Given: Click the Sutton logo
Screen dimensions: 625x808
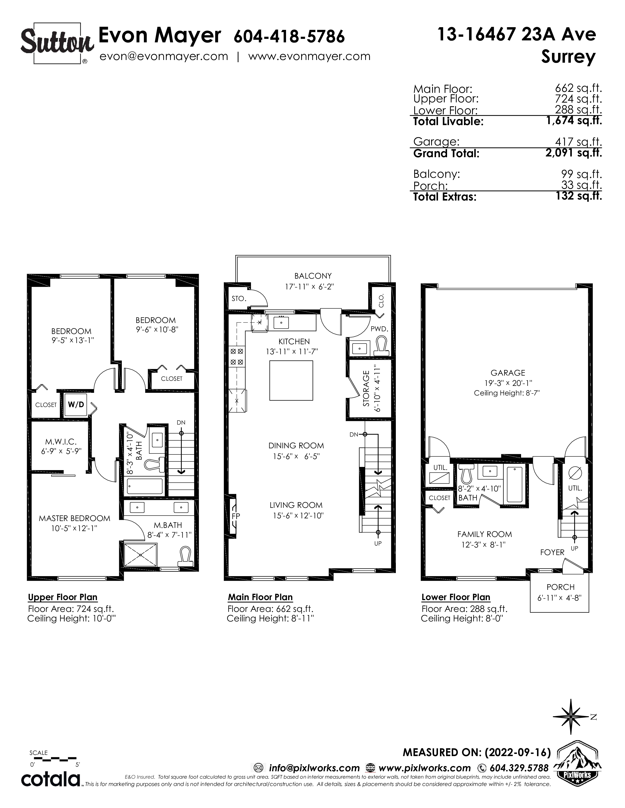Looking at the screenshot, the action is point(57,44).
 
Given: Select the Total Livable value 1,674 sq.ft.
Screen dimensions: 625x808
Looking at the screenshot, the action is point(574,121).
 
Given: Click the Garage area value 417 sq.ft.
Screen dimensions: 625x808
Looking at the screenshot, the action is point(578,142).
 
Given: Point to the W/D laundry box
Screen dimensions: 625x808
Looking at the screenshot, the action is point(76,404).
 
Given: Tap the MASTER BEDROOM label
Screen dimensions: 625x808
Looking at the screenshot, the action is point(75,518).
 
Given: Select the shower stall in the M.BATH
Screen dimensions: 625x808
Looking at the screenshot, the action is point(141,555).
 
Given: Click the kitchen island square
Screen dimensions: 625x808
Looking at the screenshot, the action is point(291,380).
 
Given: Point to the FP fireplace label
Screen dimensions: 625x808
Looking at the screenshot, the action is point(236,516).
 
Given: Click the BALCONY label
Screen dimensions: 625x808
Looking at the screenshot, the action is point(313,276).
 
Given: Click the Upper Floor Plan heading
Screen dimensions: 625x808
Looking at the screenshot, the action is point(62,597).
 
